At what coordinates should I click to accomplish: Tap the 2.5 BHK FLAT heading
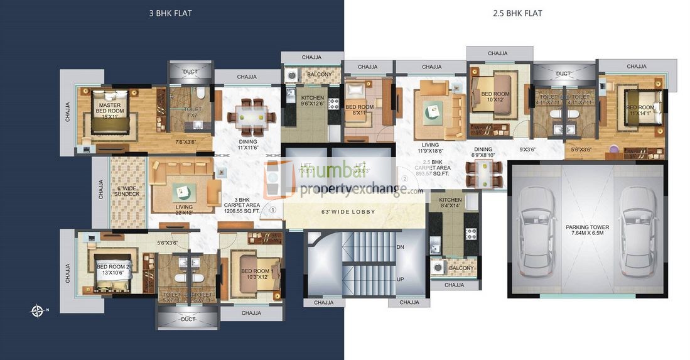coord(517,13)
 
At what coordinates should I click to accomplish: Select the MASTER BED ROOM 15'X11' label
coord(109,108)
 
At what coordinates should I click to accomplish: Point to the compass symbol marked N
coord(38,310)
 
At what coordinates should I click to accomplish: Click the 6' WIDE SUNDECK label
coord(128,192)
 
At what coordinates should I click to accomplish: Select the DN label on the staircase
coord(401,248)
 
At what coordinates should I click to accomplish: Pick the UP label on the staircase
coord(401,279)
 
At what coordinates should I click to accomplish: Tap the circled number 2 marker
coord(405,178)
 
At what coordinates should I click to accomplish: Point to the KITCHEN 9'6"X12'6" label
coord(313,101)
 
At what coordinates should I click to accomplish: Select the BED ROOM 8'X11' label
coord(361,111)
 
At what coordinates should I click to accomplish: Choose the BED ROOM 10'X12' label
coord(495,97)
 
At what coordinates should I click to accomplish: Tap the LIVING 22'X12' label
coord(184,210)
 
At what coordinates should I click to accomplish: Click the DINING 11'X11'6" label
coord(248,145)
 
